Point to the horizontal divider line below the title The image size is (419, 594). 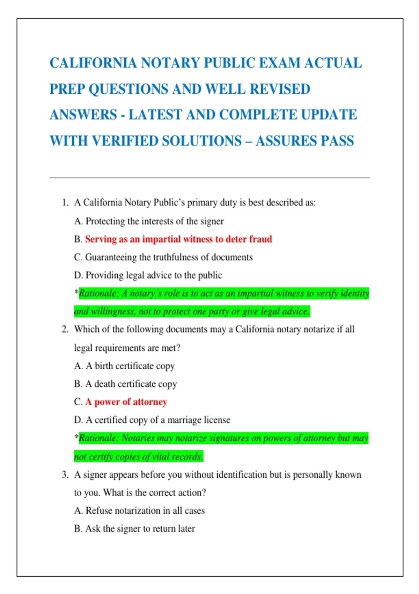point(209,178)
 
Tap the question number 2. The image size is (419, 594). point(65,329)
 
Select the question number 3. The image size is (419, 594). point(65,475)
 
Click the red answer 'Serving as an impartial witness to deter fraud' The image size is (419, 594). point(178,239)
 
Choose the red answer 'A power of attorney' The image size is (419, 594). point(126,402)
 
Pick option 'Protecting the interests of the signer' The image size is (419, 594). point(154,221)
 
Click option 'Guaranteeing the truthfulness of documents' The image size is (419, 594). point(169,258)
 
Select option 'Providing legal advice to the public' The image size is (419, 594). point(154,275)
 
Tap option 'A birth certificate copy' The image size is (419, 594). point(130,366)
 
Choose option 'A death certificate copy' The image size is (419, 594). point(131,384)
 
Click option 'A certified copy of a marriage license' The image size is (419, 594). point(158,420)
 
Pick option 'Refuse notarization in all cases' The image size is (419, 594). point(145,511)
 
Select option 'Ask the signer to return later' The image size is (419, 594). point(140,529)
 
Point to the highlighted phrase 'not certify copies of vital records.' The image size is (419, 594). point(138,457)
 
